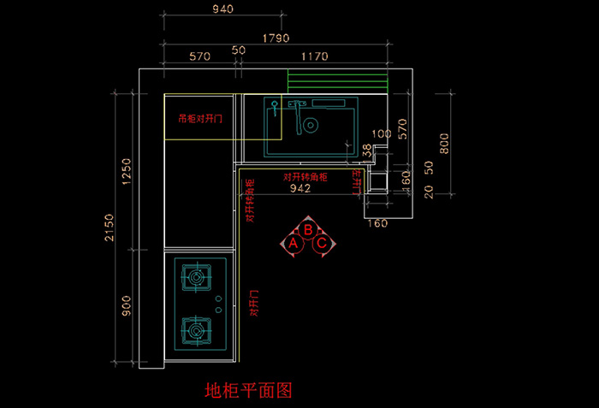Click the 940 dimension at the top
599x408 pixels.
pyautogui.click(x=222, y=9)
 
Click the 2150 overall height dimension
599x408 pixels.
pyautogui.click(x=109, y=227)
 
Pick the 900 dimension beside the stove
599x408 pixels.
pyautogui.click(x=126, y=306)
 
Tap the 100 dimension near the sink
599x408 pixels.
pyautogui.click(x=382, y=134)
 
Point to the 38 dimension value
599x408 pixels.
pyautogui.click(x=367, y=150)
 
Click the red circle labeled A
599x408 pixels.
pyautogui.click(x=293, y=244)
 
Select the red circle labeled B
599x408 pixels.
pyautogui.click(x=307, y=229)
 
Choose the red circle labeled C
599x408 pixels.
pyautogui.click(x=322, y=244)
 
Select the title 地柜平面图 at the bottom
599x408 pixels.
pyautogui.click(x=249, y=391)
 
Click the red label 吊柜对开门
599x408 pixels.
pyautogui.click(x=199, y=120)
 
